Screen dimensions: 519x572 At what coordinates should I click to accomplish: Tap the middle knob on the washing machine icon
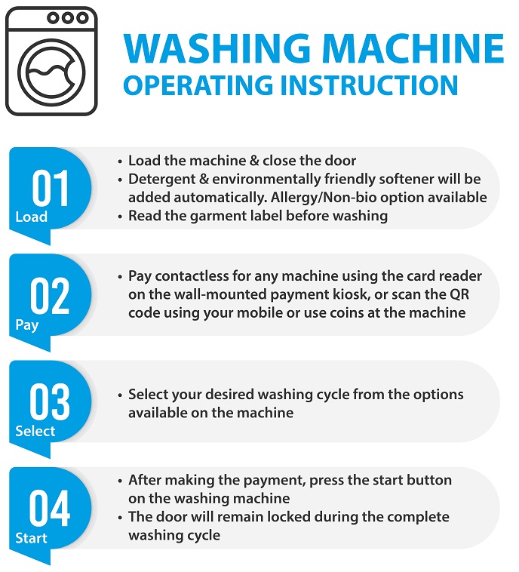(x=67, y=17)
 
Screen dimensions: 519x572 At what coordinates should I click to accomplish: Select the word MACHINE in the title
(x=413, y=48)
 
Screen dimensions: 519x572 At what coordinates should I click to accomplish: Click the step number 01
(x=50, y=188)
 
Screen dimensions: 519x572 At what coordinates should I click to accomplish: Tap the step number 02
(x=50, y=296)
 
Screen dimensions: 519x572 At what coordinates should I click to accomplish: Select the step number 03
(x=50, y=401)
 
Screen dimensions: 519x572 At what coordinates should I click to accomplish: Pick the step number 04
(x=50, y=508)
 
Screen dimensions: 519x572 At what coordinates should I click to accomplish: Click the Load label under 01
(x=32, y=217)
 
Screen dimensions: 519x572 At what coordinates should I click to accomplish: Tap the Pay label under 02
(x=26, y=324)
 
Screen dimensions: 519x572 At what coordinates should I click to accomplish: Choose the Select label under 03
(x=35, y=431)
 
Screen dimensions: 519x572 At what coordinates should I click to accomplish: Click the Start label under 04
(x=32, y=538)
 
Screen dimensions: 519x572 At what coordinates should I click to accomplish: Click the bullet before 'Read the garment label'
(x=120, y=217)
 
